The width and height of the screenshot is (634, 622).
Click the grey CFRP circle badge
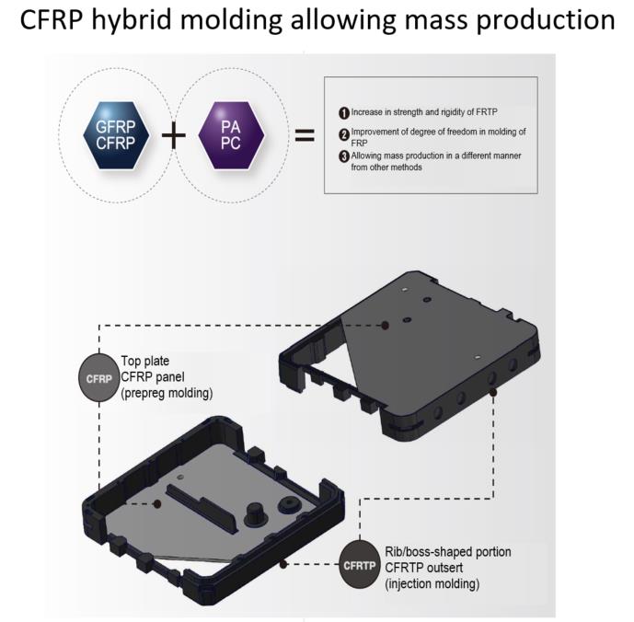coord(98,377)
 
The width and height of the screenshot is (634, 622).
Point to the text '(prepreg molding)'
coord(167,393)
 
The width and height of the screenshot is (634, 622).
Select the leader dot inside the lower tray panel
coord(157,504)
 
